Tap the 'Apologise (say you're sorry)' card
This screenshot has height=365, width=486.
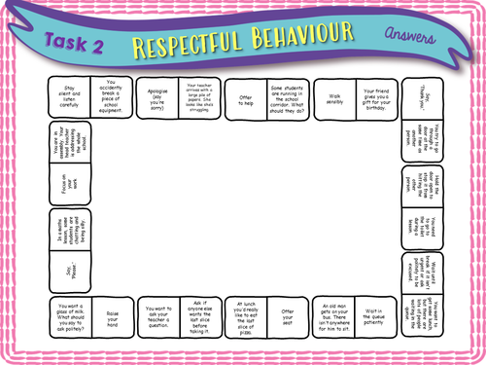click(x=157, y=96)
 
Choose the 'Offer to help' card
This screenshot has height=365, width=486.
click(x=245, y=96)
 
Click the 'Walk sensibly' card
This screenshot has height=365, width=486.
click(x=334, y=96)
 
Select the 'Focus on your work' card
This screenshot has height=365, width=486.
click(x=69, y=184)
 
